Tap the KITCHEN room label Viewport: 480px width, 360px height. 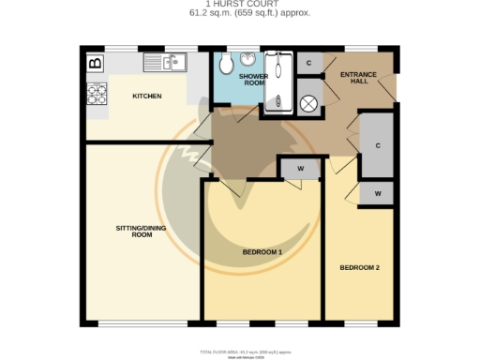(x=147, y=97)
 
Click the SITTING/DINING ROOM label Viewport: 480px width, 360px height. (x=133, y=231)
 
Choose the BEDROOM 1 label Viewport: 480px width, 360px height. (x=262, y=252)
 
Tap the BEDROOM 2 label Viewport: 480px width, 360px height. (x=359, y=268)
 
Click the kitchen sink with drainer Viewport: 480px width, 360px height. (x=165, y=63)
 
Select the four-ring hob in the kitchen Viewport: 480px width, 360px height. (x=97, y=94)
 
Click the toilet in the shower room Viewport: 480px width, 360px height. (x=225, y=65)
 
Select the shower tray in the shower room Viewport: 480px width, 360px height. (x=278, y=82)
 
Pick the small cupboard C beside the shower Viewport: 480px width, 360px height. (x=309, y=62)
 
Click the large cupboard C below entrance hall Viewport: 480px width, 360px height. (x=377, y=145)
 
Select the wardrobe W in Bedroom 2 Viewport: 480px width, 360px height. (x=377, y=193)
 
